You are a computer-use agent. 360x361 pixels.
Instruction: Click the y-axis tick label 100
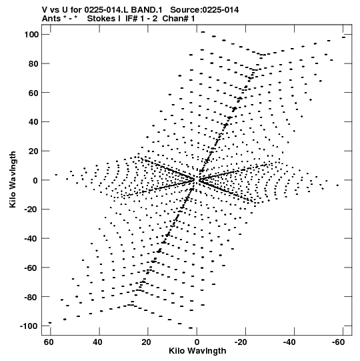tap(31, 35)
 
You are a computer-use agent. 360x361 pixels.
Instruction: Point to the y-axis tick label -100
tap(29, 326)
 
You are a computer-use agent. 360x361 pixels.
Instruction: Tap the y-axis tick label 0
tap(35, 180)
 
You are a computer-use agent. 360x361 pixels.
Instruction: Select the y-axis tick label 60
tap(33, 93)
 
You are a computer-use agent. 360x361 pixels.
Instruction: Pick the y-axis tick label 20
tap(33, 151)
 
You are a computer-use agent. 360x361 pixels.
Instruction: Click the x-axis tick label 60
tap(49, 342)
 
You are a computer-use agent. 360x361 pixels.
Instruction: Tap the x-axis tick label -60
tap(338, 342)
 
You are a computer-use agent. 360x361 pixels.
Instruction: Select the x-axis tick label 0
tap(197, 342)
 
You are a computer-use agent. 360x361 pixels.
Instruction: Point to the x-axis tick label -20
tap(241, 342)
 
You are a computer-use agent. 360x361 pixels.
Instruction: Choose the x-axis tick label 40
tap(97, 342)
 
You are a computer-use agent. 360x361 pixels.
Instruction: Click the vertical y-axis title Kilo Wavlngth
tap(13, 179)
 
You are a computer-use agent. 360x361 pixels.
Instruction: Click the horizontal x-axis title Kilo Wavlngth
tap(197, 351)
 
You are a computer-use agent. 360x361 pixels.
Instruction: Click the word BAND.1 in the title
tap(147, 10)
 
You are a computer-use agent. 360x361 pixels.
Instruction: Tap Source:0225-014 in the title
tap(205, 10)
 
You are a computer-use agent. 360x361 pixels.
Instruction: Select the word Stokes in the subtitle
tap(101, 19)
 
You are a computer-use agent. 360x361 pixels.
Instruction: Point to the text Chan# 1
tap(179, 19)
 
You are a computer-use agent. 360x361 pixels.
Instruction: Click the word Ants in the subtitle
tap(51, 19)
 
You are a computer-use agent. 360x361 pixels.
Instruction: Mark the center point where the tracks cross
tap(196, 179)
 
